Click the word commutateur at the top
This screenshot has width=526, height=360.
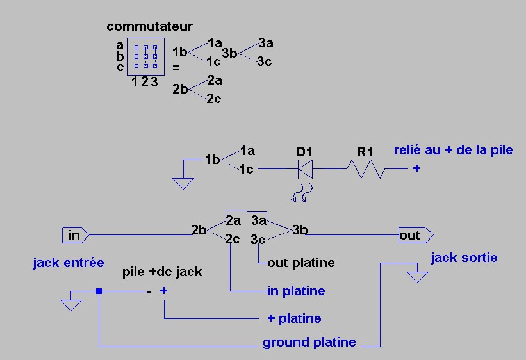(149, 26)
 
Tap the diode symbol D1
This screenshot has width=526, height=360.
(305, 169)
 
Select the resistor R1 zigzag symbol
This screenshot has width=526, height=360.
(365, 169)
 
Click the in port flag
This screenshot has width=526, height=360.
(75, 235)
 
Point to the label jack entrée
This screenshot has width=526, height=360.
(69, 263)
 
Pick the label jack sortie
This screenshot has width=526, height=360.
(464, 258)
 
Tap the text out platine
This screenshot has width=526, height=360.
(301, 263)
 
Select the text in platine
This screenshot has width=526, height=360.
(296, 291)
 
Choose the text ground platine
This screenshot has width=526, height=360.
(309, 343)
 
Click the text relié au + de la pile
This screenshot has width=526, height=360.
(454, 150)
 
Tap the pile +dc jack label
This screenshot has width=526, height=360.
(162, 272)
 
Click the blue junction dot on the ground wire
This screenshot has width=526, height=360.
(99, 291)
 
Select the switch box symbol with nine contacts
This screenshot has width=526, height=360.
(145, 56)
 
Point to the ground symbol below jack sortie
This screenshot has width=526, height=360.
(418, 276)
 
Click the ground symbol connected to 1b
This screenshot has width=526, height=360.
(183, 183)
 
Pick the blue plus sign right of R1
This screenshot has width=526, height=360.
(416, 169)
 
